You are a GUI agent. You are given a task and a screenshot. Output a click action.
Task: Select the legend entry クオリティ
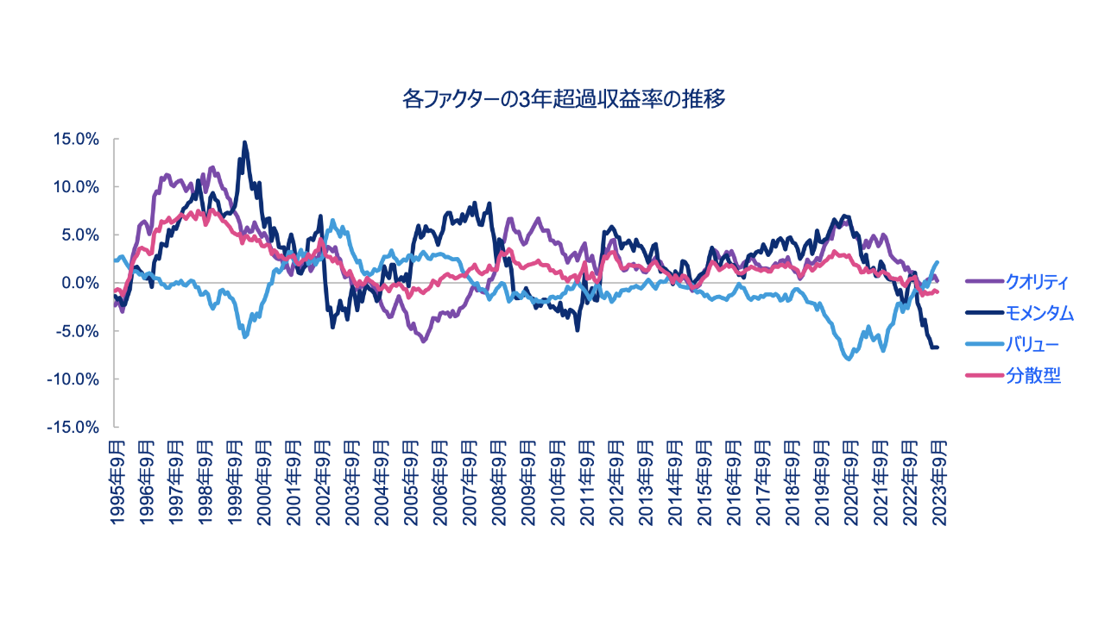1037,282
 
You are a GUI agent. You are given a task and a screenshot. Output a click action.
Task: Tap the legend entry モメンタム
1039,314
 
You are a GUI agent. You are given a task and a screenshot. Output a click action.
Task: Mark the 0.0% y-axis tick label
80,283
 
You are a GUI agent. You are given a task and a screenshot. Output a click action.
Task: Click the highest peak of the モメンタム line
244,143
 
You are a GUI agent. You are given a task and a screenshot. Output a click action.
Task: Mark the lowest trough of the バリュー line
849,359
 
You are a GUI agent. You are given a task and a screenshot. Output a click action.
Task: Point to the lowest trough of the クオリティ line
423,341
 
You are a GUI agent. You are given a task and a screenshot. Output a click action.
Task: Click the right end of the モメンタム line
938,347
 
